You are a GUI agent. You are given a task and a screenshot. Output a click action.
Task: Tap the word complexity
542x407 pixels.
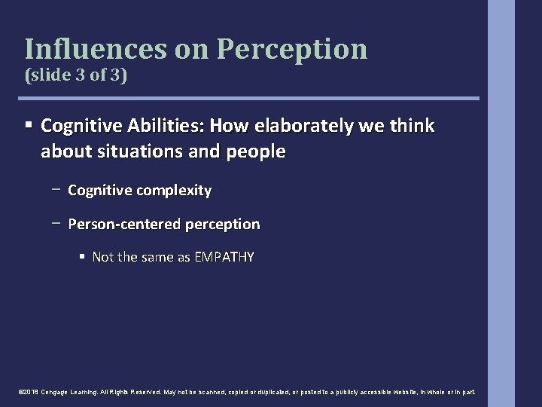(x=175, y=191)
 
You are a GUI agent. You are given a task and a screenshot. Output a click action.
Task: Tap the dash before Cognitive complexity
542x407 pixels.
(x=57, y=191)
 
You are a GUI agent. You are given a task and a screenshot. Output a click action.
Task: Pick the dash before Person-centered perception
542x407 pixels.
(x=57, y=224)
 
